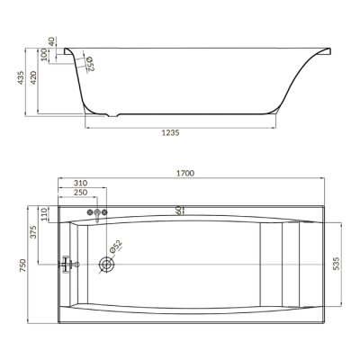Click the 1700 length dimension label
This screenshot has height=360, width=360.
(185, 174)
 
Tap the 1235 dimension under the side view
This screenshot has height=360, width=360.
(170, 133)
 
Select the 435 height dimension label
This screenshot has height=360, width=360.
(21, 77)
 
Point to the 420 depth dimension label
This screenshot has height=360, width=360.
(33, 77)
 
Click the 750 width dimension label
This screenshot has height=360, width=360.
(22, 265)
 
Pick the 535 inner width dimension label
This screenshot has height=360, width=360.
(337, 264)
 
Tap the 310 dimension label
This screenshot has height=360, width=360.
(80, 183)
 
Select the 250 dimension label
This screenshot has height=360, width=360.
(80, 193)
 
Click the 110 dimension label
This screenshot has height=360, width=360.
(44, 214)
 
